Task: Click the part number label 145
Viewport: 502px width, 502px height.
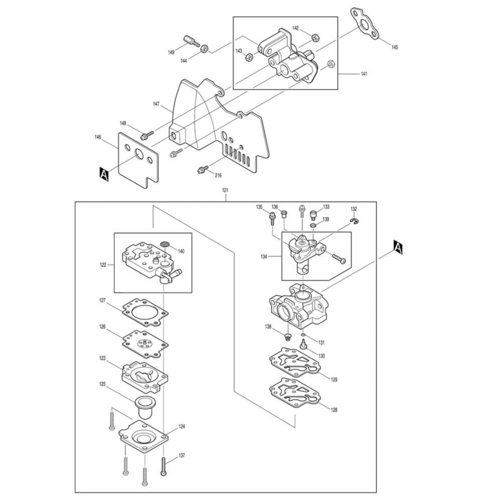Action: (395, 47)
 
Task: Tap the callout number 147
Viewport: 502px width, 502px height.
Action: (156, 104)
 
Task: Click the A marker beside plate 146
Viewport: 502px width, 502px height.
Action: (104, 174)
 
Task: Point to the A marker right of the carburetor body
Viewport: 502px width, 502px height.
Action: (398, 247)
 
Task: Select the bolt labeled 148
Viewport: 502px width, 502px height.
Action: (146, 135)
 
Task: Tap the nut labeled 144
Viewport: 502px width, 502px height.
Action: (204, 49)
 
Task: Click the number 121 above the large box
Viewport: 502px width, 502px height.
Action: (225, 191)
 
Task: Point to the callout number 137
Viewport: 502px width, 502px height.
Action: (181, 456)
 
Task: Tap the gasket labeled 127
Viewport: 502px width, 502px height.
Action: (146, 311)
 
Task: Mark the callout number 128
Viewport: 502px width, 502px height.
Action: (334, 410)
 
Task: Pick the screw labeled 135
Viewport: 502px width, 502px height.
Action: (272, 218)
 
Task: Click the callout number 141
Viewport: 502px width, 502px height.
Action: (364, 74)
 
